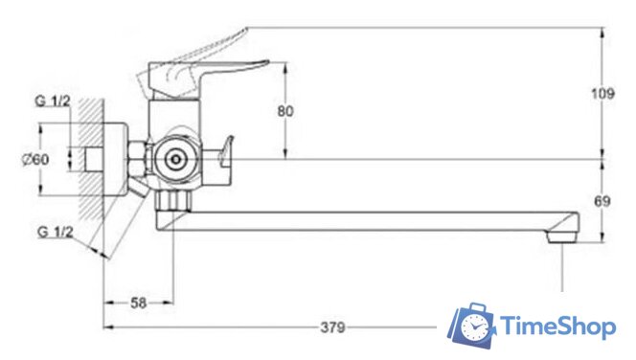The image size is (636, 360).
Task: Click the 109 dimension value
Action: (602, 94)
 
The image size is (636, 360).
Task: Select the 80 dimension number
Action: (285, 111)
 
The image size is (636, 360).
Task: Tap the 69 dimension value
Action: (602, 201)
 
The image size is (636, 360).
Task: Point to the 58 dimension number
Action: (138, 303)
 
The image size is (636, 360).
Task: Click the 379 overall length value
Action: (332, 326)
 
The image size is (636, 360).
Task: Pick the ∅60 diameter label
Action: (35, 159)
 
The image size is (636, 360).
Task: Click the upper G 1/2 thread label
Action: (53, 101)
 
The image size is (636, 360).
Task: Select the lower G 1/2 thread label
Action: (56, 232)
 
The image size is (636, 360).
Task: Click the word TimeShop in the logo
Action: (557, 326)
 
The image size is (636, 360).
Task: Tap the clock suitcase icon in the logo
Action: (472, 325)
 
